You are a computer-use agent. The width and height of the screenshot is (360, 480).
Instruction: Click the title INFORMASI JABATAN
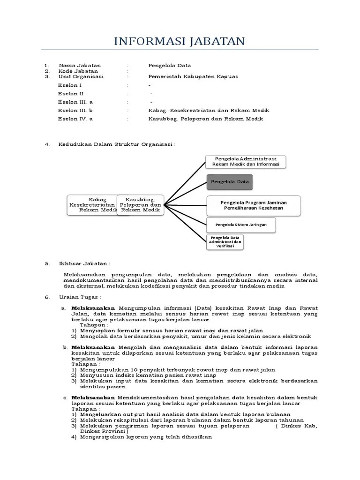point(180,41)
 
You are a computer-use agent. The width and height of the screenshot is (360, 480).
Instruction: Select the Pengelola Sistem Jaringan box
point(241,225)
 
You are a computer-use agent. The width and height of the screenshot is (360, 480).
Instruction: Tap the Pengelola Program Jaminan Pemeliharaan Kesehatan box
point(253,205)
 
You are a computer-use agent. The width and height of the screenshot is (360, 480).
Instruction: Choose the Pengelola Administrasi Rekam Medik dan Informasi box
point(245,161)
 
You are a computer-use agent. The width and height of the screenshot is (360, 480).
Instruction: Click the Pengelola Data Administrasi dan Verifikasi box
point(225,242)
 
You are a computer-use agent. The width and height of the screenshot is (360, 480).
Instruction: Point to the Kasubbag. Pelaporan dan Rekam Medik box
point(140,205)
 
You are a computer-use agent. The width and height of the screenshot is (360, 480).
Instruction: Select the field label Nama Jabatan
point(80,66)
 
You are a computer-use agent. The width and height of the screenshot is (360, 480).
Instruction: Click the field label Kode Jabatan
point(78,71)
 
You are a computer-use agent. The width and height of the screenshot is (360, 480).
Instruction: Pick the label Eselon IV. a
point(75,119)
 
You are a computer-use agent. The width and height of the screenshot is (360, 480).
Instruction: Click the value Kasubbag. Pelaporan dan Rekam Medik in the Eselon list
point(206,119)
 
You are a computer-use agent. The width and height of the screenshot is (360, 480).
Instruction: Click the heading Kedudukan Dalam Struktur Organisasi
point(116,144)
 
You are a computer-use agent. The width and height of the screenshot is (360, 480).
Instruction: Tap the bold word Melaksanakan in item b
point(93,347)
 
